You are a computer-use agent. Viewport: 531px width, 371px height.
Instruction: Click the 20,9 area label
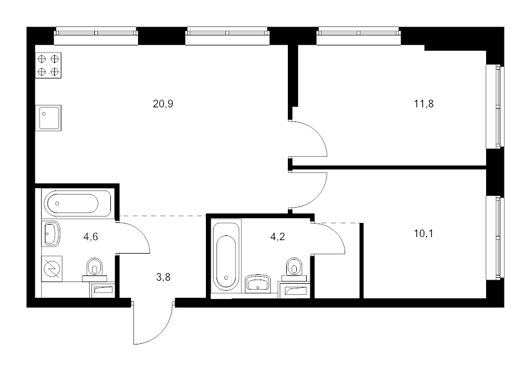(163, 104)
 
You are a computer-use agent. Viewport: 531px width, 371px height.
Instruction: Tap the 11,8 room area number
(424, 104)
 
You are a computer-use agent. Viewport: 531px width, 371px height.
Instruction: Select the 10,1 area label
(424, 234)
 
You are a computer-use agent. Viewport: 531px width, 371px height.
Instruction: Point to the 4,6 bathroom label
(91, 237)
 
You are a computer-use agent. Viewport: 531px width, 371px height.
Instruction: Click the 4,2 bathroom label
(277, 237)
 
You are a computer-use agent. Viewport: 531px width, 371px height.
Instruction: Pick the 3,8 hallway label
(163, 277)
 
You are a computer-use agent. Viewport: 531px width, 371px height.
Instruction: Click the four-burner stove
(48, 65)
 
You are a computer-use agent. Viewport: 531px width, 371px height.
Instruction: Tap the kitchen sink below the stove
(48, 118)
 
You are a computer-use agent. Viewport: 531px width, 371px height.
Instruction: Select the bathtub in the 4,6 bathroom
(77, 203)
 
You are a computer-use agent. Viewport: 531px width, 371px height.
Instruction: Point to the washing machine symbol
(52, 269)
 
